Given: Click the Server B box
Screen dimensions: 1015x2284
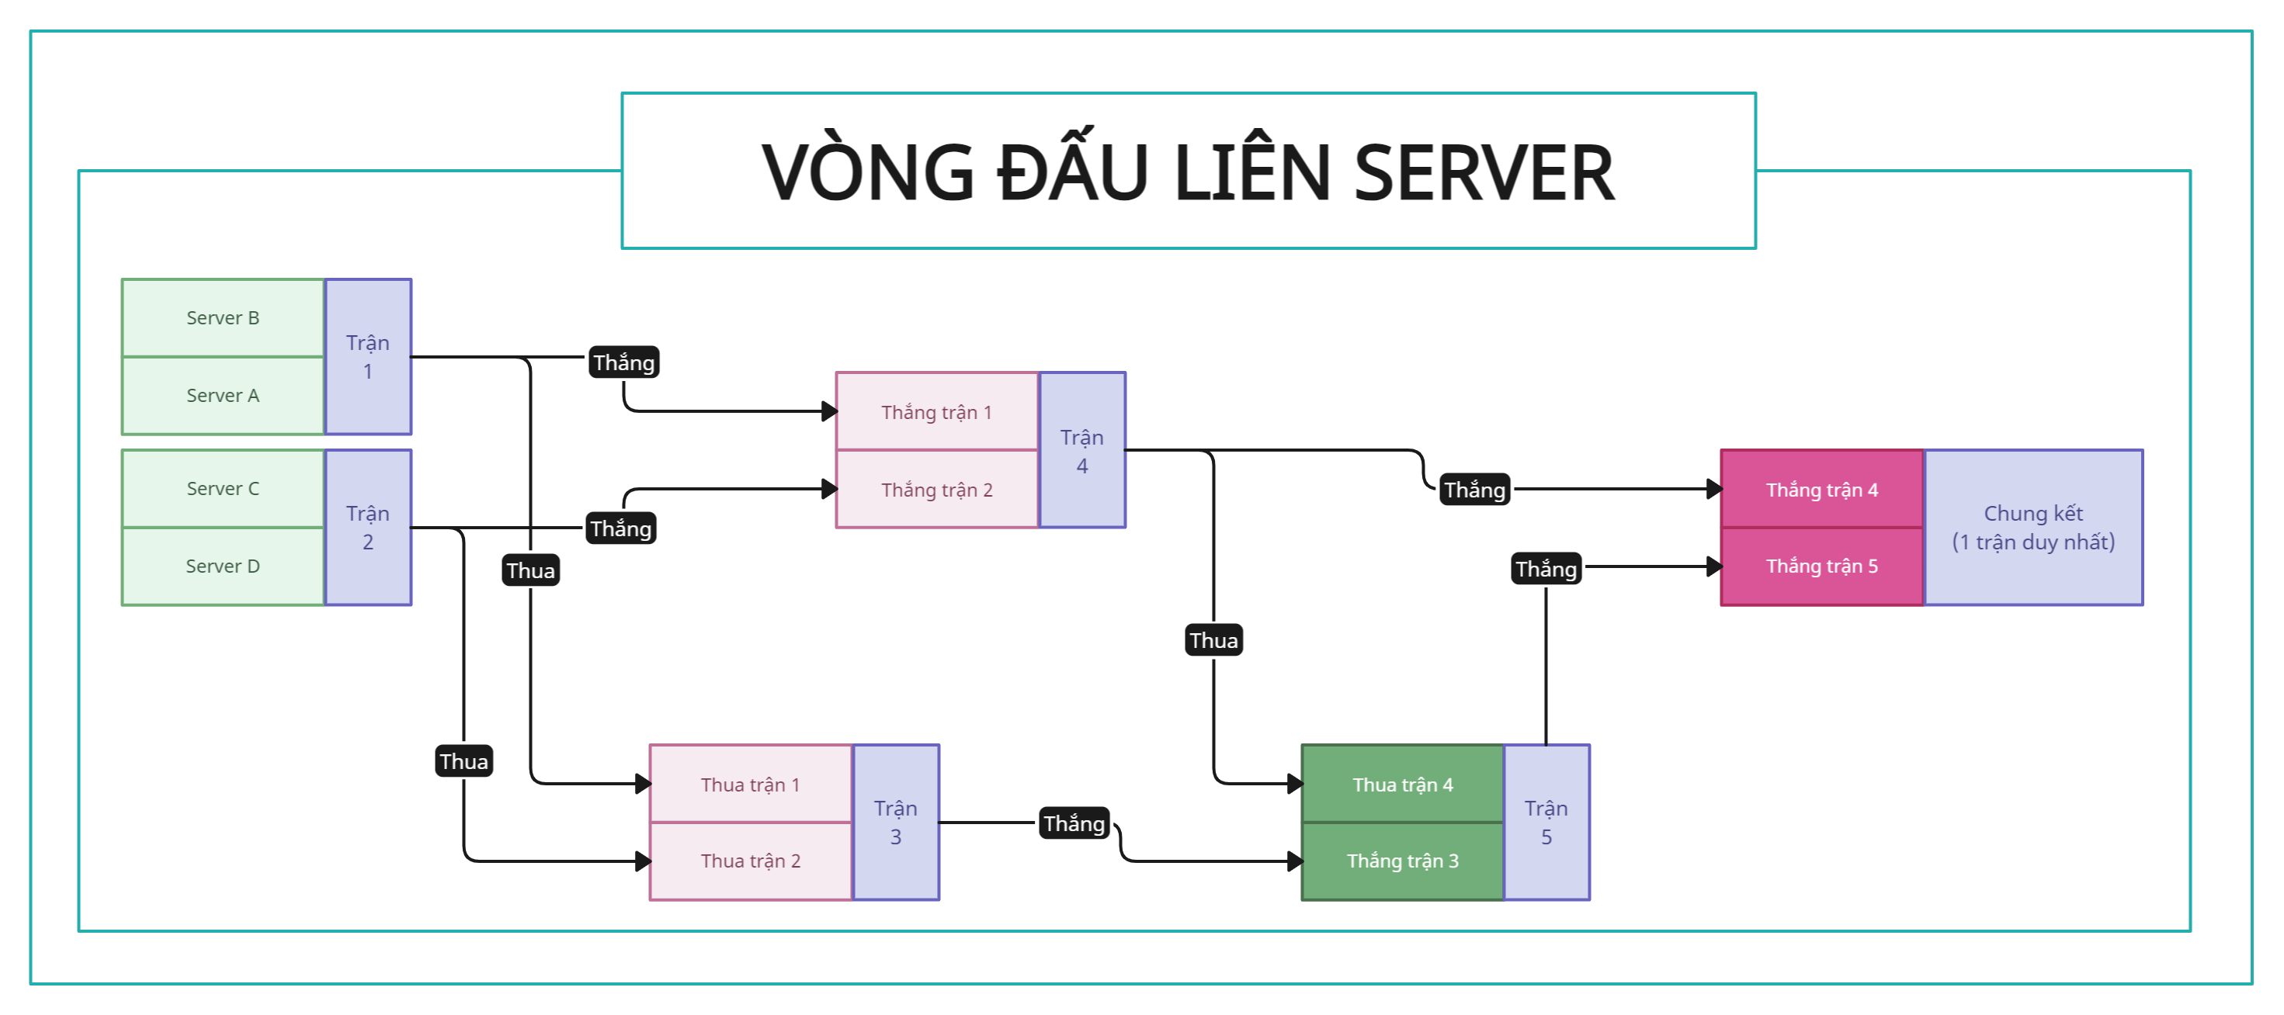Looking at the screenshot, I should coord(223,318).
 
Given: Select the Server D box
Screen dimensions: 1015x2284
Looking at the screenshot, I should coord(223,566).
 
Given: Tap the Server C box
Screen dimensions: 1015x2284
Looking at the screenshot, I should coord(223,488).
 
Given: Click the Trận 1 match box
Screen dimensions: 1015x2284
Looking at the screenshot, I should coord(368,357).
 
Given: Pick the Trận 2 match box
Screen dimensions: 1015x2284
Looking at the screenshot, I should coord(368,528).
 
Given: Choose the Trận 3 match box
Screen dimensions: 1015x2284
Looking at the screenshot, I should coord(896,823).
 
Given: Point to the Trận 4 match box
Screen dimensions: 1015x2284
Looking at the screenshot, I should coord(1081,450).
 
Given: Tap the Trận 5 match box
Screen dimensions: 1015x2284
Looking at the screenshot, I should coord(1546,823).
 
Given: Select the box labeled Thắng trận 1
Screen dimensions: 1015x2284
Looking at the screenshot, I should coord(936,412).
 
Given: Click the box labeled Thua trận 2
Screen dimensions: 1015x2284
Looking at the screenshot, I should coord(750,861).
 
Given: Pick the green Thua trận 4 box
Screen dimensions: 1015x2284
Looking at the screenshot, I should coord(1403,785).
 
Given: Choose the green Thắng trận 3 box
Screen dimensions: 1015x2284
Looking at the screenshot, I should coord(1403,861).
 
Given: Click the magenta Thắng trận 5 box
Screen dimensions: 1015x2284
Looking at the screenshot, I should coord(1821,566).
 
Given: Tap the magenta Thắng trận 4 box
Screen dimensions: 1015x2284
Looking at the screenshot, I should coord(1821,490).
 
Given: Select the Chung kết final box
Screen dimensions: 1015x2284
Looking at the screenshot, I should coord(2033,528).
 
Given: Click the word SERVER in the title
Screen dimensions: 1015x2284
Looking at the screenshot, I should coord(1484,173).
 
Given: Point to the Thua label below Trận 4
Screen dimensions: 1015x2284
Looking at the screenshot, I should coord(1214,640).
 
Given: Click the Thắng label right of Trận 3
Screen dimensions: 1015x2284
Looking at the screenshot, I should coord(1074,823).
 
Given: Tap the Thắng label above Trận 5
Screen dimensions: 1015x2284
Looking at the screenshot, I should coord(1546,569).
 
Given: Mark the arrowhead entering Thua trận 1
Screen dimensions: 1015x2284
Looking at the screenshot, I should coord(644,784).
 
